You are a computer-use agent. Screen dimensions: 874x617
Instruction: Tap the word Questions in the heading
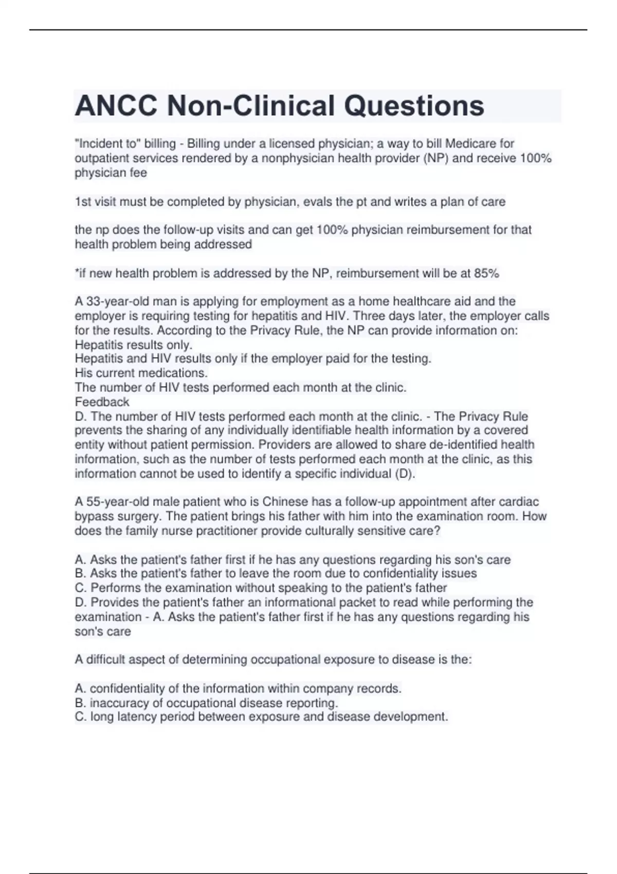coord(414,106)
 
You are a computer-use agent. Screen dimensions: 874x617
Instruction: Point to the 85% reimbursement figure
coord(486,273)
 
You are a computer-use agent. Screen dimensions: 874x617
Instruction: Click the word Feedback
coord(102,402)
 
